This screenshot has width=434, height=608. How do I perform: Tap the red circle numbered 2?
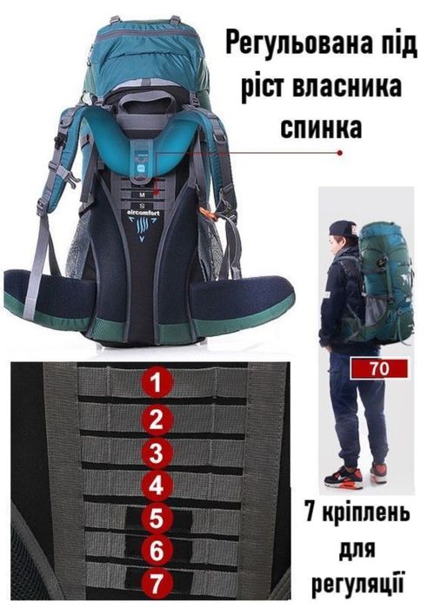point(157,420)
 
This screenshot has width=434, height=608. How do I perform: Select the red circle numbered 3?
point(157,452)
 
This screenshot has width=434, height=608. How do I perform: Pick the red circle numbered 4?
point(157,484)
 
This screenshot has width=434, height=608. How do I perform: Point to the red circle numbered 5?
point(157,519)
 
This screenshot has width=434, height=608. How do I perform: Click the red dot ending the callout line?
point(339,151)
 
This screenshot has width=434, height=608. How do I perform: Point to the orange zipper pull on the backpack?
point(207,212)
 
